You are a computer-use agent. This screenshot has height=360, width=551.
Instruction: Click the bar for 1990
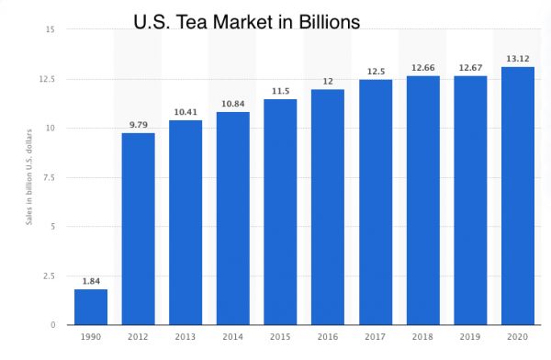coord(90,307)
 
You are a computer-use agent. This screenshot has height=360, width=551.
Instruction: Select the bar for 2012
coord(138,229)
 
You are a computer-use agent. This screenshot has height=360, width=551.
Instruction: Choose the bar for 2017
coord(376,202)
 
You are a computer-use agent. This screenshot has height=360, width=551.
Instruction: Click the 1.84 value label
coord(90,281)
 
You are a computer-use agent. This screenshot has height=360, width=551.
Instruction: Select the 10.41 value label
coord(186,112)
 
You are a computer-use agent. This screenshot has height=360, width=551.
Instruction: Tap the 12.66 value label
coord(423,67)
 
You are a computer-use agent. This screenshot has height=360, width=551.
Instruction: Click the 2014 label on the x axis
coord(233,338)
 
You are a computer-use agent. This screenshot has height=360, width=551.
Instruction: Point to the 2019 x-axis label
coord(470,338)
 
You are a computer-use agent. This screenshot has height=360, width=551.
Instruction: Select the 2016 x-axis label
coord(328,338)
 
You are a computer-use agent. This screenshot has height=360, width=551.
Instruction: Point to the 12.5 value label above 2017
coord(376,71)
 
